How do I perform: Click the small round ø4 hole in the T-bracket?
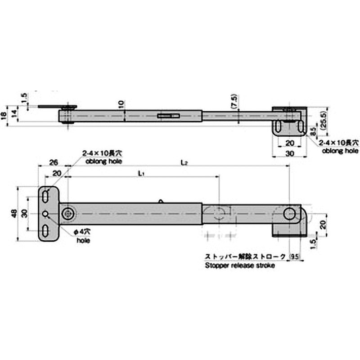tap(45, 214)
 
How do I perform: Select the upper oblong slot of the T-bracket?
tap(46, 197)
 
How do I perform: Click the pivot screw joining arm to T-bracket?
tap(68, 214)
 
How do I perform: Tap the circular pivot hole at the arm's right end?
tap(290, 214)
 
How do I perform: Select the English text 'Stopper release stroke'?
tap(239, 265)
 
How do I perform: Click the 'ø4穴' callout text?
tap(82, 231)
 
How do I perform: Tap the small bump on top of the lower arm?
tap(161, 201)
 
